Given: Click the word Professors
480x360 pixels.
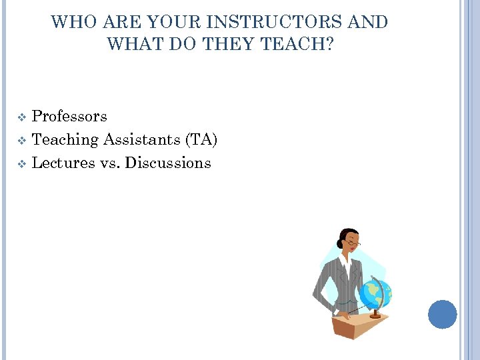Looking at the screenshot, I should [69, 116].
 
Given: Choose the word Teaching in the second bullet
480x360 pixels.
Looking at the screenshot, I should [65, 139].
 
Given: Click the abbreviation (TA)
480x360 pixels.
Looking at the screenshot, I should [202, 139].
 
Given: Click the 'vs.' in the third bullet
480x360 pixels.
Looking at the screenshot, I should [109, 163].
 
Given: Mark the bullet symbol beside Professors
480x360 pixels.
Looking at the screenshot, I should [22, 117].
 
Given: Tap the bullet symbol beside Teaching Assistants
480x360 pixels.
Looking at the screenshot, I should [22, 141].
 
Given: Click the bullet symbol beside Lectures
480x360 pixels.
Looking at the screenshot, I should [22, 164].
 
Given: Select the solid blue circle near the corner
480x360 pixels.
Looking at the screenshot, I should [442, 314].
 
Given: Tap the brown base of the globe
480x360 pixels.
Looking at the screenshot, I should [375, 314].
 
